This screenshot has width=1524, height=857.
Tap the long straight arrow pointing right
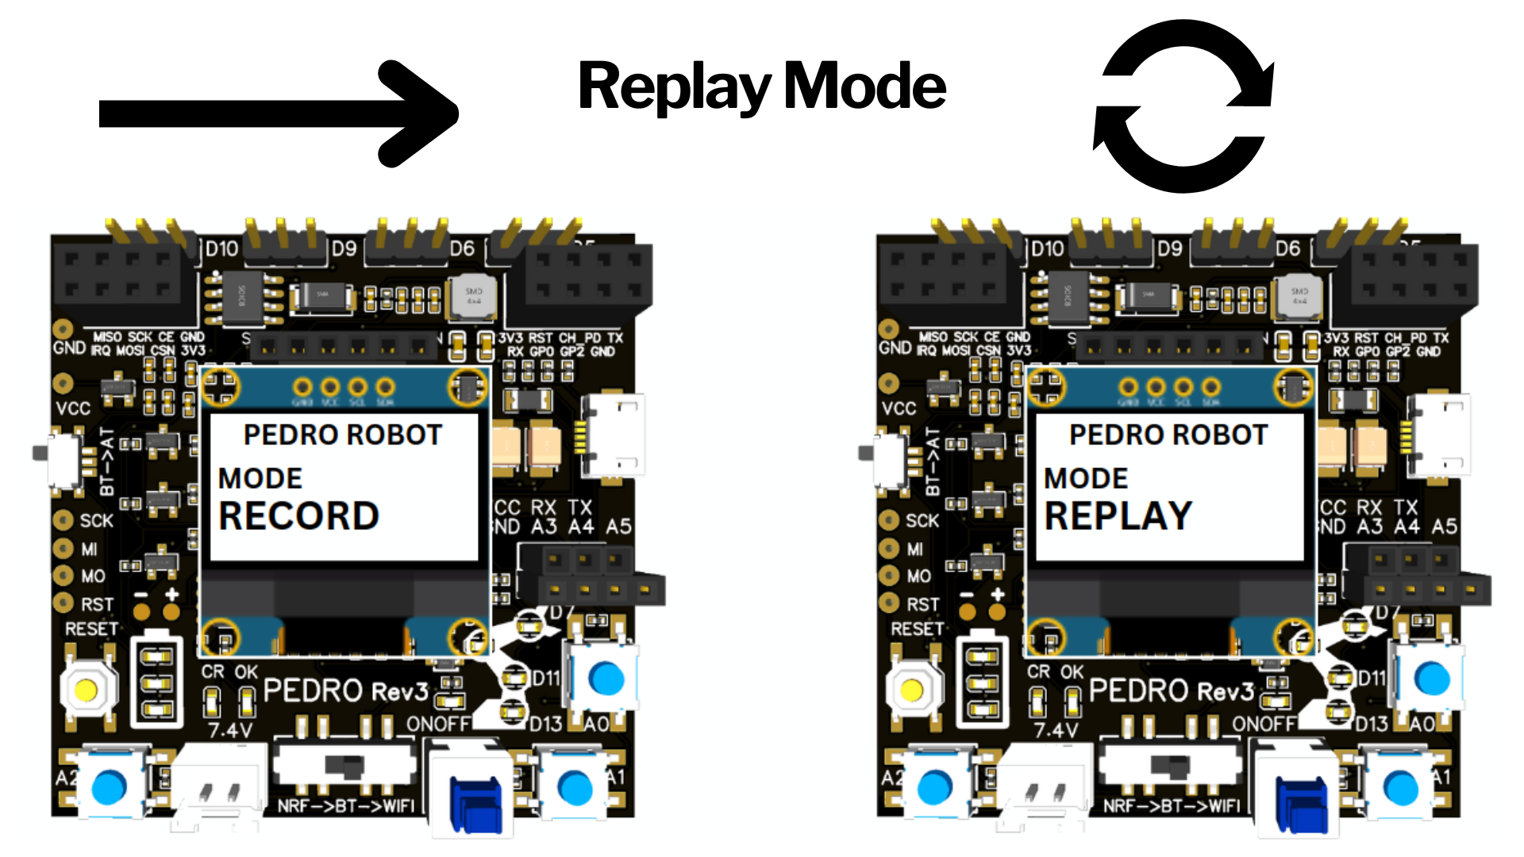click(x=278, y=113)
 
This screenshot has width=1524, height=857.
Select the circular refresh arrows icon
click(x=1183, y=107)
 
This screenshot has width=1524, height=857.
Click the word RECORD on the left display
click(x=298, y=517)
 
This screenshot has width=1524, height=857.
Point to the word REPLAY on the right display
click(x=1118, y=517)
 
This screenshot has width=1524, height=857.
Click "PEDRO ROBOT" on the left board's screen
click(x=342, y=435)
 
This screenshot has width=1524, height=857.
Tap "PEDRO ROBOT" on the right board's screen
click(x=1168, y=435)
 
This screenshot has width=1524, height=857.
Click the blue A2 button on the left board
click(x=110, y=787)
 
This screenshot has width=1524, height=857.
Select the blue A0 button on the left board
click(x=607, y=679)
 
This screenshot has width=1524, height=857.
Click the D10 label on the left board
click(x=221, y=249)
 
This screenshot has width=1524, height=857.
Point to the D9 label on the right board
click(x=1169, y=249)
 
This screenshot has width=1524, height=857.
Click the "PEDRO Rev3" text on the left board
click(x=345, y=690)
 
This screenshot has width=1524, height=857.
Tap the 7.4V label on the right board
click(x=1056, y=730)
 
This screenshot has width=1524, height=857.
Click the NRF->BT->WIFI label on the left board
click(x=346, y=806)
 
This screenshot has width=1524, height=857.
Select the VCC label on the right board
click(x=899, y=409)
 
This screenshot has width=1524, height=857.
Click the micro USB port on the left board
click(x=615, y=435)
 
